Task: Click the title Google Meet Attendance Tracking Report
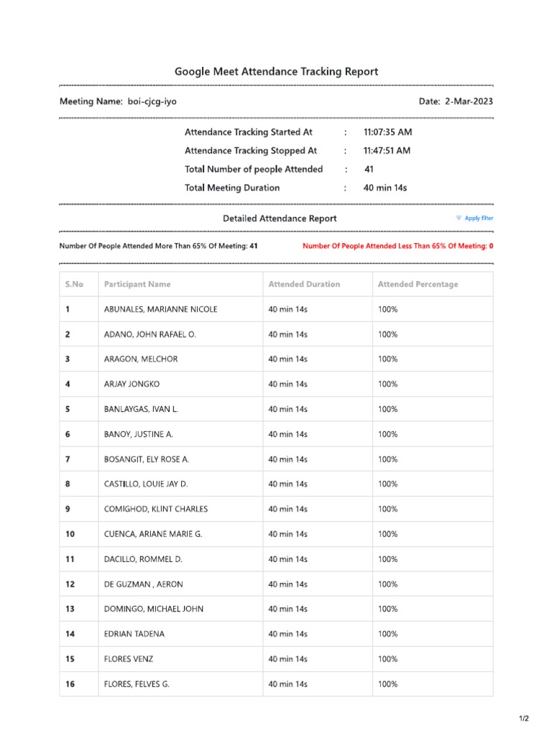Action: click(x=276, y=72)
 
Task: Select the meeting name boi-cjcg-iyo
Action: click(x=152, y=102)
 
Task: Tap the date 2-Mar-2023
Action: click(x=469, y=102)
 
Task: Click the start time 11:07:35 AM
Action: click(x=387, y=132)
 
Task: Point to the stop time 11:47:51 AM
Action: click(x=387, y=151)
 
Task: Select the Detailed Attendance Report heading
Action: click(x=279, y=218)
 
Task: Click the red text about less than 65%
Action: click(x=397, y=246)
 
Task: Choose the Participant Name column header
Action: click(x=137, y=285)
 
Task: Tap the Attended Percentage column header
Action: click(x=418, y=285)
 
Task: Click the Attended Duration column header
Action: click(x=304, y=285)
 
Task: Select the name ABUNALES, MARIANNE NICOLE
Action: click(x=161, y=310)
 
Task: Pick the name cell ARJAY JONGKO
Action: click(x=132, y=385)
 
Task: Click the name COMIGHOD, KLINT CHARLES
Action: click(x=156, y=510)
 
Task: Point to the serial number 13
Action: click(x=70, y=609)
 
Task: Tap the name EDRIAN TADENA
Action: click(x=134, y=634)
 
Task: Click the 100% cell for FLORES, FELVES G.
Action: click(x=388, y=684)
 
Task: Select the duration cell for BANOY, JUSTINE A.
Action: click(x=287, y=434)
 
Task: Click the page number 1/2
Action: click(x=524, y=719)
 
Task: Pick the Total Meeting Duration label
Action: click(x=232, y=188)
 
